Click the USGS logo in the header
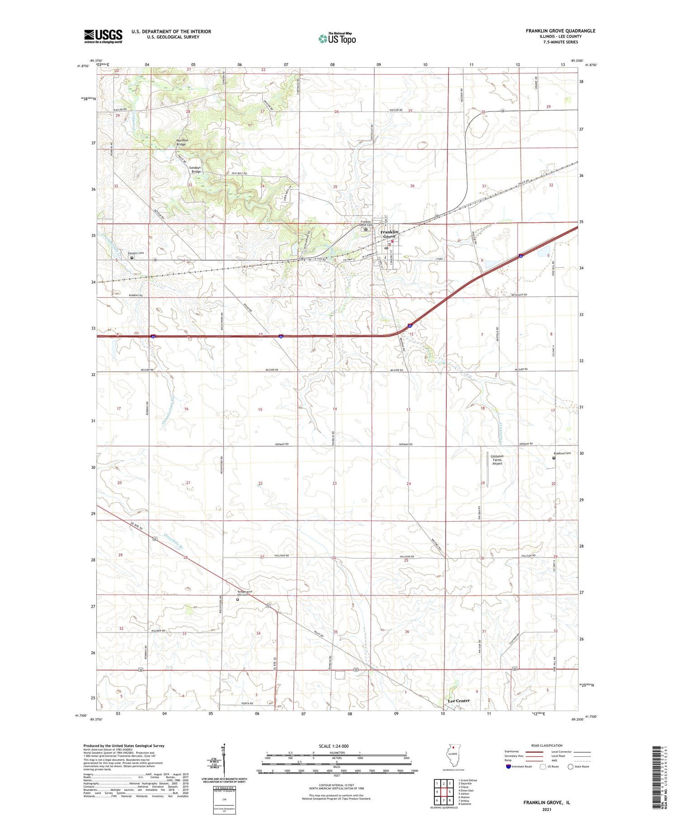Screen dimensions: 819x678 (103, 36)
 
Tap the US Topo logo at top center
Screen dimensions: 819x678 (337, 38)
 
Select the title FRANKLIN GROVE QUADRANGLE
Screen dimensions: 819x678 (560, 31)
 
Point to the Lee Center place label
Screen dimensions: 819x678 (458, 701)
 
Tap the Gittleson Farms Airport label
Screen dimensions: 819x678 (497, 459)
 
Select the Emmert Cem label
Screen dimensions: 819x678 (135, 253)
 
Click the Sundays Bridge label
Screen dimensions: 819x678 (195, 169)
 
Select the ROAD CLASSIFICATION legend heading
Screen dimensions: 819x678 (547, 745)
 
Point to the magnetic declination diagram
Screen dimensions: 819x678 (223, 764)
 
